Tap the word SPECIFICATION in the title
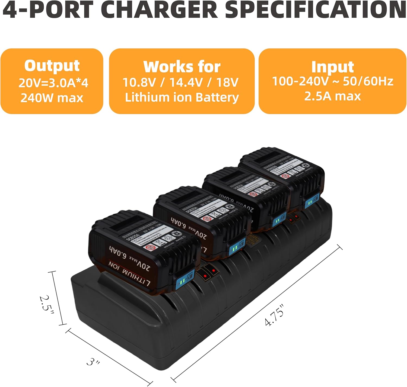(x=316, y=10)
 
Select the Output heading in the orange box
(x=52, y=66)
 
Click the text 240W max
(x=52, y=98)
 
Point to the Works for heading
(x=182, y=67)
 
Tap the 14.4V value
(x=186, y=82)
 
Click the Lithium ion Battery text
(x=182, y=97)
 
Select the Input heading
(x=332, y=67)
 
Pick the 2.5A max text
(x=332, y=96)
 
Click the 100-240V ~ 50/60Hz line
(x=332, y=81)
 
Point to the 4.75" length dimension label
(x=275, y=315)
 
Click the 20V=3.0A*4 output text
(x=53, y=83)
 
